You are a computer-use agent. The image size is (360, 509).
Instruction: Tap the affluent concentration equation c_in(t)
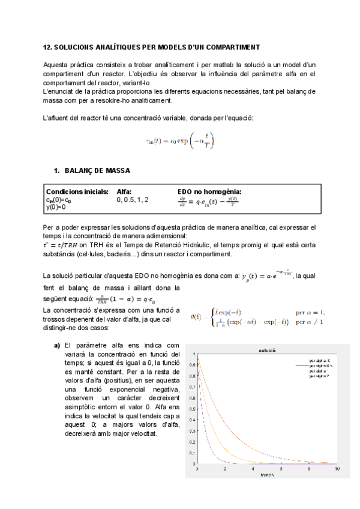click(x=179, y=141)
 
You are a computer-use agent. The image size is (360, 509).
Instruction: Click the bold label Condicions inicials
click(x=77, y=192)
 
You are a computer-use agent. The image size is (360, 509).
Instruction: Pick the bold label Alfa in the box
click(x=124, y=192)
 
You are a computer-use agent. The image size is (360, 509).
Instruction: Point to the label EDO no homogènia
click(x=209, y=192)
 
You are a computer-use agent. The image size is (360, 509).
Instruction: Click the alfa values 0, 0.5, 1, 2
click(x=133, y=199)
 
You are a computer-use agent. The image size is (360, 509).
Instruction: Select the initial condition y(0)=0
click(x=56, y=207)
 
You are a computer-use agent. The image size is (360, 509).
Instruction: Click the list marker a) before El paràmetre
click(x=58, y=345)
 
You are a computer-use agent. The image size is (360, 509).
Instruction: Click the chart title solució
click(x=267, y=349)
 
